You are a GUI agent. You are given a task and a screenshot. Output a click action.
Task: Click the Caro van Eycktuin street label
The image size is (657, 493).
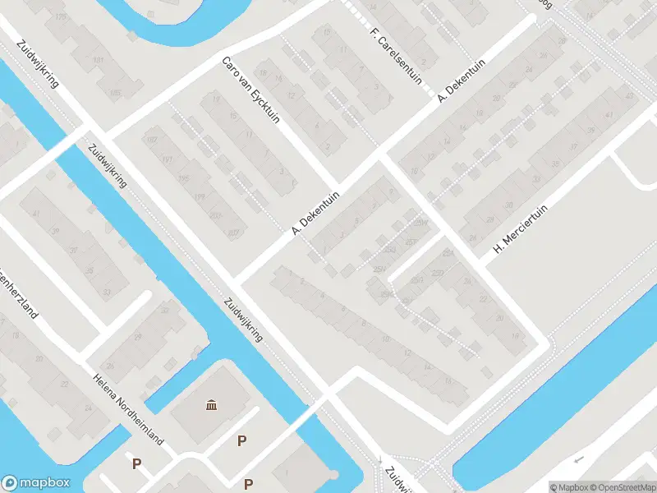250,90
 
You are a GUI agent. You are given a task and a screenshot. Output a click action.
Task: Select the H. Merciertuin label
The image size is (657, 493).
520,223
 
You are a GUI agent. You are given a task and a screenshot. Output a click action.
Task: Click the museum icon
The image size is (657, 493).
213,404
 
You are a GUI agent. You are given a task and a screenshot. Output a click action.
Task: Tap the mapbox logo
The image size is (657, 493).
36,482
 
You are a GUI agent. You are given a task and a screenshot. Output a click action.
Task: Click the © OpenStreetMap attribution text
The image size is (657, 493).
622,487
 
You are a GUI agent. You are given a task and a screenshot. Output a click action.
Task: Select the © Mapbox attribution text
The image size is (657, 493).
568,487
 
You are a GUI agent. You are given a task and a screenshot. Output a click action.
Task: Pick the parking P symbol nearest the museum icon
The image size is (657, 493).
241,441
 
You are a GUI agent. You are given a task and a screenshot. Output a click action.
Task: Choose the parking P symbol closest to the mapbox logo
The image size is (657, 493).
136,464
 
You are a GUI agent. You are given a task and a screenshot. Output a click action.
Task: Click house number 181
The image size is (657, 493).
99,62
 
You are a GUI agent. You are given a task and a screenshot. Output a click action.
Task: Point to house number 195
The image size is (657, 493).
184,179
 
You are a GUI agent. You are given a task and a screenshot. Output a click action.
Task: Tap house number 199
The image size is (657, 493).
200,197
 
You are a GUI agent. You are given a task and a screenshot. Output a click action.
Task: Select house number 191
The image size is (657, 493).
168,160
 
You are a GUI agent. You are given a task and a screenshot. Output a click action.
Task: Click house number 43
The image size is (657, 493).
630,98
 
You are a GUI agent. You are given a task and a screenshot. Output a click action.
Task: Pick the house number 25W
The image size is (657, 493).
422,223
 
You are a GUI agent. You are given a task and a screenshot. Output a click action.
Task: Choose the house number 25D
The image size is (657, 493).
437,272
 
